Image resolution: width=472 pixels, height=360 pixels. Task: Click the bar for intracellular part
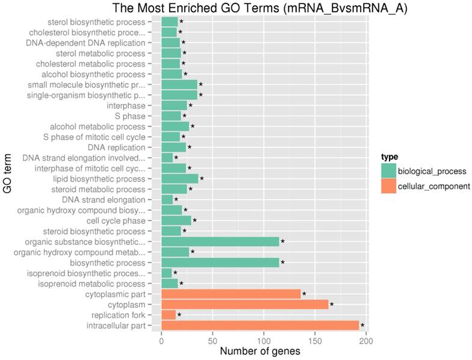click(260, 325)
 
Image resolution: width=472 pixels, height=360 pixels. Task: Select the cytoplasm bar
click(245, 304)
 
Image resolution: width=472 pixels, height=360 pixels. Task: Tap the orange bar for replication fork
click(169, 315)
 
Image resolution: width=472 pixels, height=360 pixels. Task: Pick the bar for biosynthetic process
click(220, 262)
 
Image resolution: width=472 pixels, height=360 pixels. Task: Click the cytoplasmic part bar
click(231, 294)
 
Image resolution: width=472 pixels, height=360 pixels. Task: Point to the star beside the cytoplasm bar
click(332, 305)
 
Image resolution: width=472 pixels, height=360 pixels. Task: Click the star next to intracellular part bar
click(362, 326)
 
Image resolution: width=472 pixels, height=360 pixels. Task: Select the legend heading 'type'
click(390, 157)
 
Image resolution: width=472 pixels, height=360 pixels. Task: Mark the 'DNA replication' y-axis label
click(116, 147)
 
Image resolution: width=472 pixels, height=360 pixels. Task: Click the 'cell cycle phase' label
click(116, 221)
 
